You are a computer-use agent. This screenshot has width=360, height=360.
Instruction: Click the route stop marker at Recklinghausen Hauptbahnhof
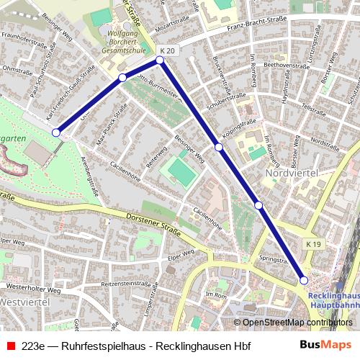[304, 280]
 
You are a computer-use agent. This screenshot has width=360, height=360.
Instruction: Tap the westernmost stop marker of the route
[57, 132]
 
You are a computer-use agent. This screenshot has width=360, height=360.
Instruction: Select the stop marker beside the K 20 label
[161, 60]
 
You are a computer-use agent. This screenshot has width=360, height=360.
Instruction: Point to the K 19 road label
[312, 245]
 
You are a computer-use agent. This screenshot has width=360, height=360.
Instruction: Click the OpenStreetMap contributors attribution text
[292, 323]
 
